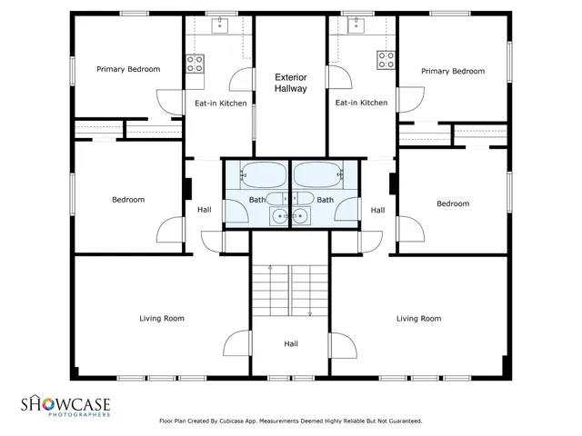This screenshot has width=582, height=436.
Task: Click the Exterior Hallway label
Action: click(291, 84)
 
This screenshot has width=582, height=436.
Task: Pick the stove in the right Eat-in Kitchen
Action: click(386, 61)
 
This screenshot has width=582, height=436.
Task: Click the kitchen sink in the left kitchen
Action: click(220, 26)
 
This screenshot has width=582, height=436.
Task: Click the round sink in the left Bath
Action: click(278, 215)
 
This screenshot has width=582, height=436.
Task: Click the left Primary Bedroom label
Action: click(128, 69)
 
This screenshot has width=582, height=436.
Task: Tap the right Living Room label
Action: click(418, 319)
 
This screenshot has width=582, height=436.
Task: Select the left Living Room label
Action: click(162, 319)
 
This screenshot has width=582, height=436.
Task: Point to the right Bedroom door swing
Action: click(409, 228)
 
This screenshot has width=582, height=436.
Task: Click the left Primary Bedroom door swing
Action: click(170, 102)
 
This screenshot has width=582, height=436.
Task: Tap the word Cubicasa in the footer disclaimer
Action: click(232, 421)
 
